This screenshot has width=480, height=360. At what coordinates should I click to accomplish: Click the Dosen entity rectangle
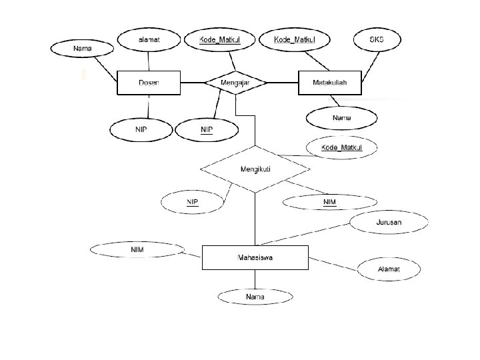(148, 83)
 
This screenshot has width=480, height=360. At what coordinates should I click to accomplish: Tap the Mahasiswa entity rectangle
(255, 257)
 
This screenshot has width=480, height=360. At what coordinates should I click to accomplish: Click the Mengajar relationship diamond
(235, 83)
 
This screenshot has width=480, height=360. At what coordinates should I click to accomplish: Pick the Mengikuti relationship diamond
(255, 169)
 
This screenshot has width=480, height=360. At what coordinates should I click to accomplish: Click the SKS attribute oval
(377, 40)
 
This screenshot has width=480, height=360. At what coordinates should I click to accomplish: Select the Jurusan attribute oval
(389, 222)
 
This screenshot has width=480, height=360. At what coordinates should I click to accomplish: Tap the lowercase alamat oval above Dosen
(149, 40)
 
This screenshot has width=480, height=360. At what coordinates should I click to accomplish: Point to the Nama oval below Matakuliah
(341, 119)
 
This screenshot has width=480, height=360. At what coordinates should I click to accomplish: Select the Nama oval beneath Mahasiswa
(255, 297)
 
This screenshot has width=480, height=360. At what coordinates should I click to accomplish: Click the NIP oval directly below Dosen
(141, 129)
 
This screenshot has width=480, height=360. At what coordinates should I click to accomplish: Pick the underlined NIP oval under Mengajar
(207, 129)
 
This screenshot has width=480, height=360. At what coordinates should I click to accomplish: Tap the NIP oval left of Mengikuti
(192, 201)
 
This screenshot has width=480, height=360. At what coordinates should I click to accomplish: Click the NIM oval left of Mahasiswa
(137, 250)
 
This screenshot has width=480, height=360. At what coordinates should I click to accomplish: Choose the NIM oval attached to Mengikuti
(329, 201)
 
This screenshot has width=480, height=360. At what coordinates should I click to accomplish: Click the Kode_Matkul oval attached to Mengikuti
(341, 147)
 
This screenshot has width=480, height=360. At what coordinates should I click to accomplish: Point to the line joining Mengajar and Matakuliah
(283, 83)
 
